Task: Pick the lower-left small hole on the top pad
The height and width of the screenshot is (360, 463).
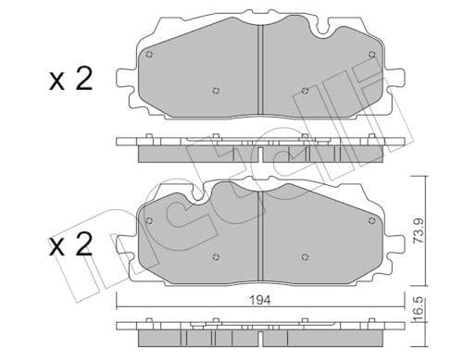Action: click(x=215, y=91)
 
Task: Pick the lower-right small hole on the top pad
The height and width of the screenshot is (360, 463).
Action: click(x=305, y=91)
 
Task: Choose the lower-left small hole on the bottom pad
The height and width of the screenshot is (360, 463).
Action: click(x=215, y=256)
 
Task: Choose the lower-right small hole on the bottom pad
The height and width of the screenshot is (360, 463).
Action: click(x=305, y=256)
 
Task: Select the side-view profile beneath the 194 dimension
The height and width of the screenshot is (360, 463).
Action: click(x=259, y=327)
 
